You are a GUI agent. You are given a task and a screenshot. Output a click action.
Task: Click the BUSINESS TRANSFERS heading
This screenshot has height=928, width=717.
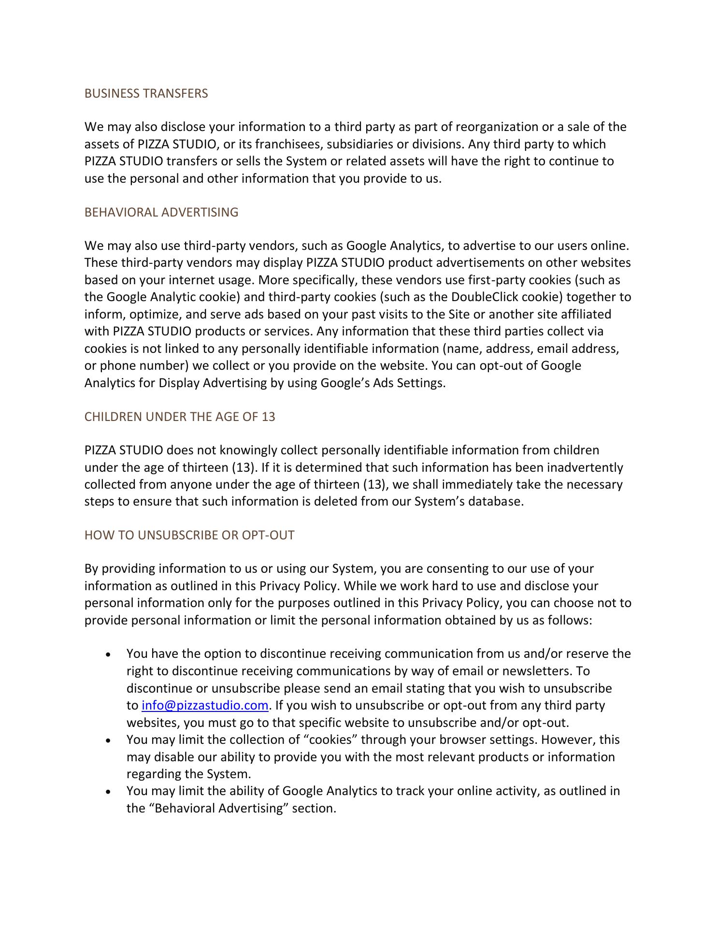(146, 93)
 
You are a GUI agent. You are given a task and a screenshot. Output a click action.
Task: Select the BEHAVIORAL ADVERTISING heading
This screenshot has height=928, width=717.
(161, 212)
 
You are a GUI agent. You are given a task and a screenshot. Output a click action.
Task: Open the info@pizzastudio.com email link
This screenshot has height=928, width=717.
(205, 705)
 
